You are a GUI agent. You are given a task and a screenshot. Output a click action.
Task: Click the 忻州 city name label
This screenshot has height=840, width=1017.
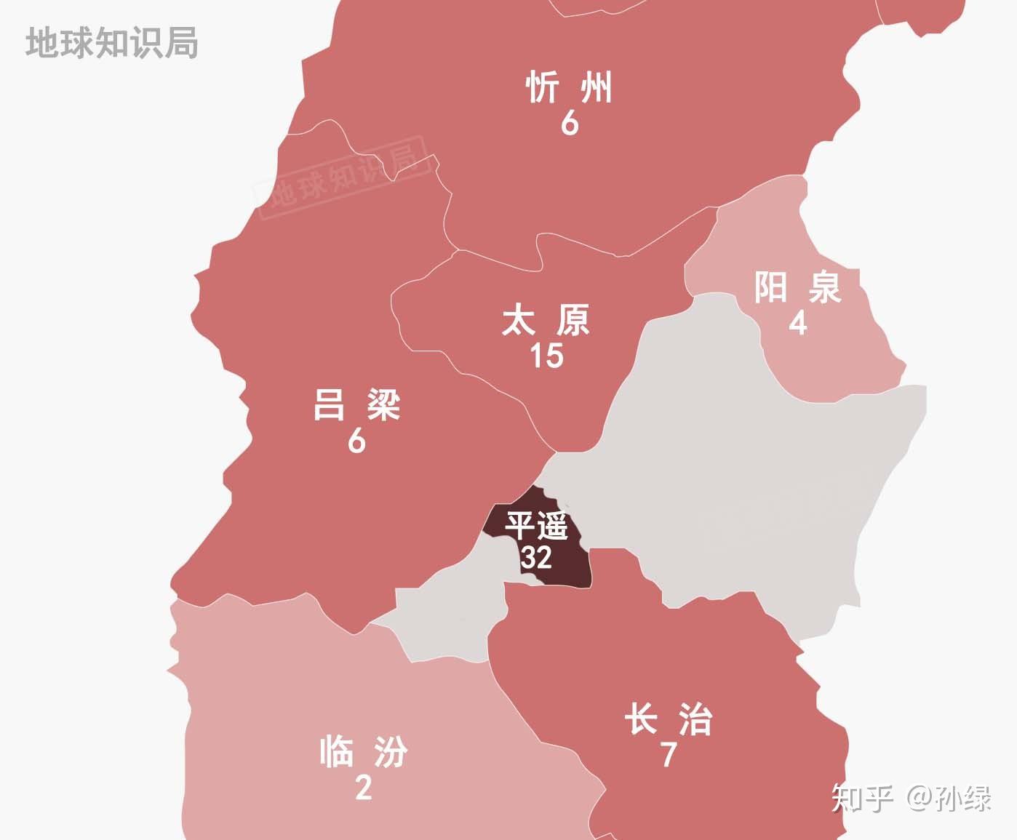(x=569, y=88)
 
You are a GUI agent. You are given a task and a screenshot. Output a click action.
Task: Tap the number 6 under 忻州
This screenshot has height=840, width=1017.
(x=569, y=124)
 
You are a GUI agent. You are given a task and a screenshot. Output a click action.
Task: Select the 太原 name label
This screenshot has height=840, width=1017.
(x=546, y=321)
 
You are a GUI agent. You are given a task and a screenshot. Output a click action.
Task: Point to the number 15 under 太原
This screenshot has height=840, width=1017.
(x=546, y=356)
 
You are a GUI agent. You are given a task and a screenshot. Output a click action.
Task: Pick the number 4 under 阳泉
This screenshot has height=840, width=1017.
(x=797, y=322)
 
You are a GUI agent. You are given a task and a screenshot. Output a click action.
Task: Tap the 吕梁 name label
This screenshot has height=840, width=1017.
(x=356, y=404)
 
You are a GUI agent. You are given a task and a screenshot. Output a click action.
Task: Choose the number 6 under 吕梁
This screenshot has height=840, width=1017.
(x=356, y=441)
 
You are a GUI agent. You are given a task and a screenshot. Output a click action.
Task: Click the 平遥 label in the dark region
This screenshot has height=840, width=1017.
(x=536, y=525)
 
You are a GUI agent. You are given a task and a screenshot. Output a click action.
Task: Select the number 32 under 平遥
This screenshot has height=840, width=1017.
(x=536, y=557)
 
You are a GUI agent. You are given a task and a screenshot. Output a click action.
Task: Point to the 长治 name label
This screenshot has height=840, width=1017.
(x=668, y=719)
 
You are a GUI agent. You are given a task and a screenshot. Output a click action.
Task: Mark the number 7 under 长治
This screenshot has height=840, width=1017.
(x=668, y=755)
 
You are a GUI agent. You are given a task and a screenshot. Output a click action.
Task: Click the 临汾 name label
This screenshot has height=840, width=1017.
(x=363, y=751)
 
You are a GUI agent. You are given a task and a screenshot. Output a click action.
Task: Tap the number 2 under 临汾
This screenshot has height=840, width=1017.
(x=363, y=787)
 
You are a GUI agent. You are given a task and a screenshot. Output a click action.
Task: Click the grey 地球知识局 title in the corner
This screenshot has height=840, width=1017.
(x=112, y=43)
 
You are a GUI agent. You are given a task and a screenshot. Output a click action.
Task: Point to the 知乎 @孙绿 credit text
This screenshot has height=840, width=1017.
(x=911, y=799)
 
